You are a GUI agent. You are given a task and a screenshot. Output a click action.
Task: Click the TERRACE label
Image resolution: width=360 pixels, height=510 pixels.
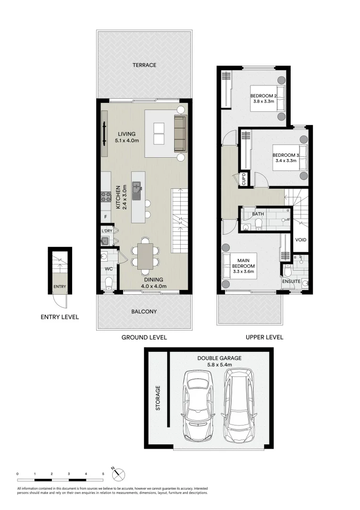(144, 65)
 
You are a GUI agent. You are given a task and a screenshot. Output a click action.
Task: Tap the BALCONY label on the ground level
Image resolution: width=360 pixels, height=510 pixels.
(144, 312)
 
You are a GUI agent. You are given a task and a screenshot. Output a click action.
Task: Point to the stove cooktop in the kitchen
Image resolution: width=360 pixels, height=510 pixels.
(105, 197)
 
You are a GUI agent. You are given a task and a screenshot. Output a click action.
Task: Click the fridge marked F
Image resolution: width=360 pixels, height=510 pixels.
(106, 217)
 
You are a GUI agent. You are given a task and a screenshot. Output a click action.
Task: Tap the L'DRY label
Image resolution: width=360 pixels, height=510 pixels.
(107, 231)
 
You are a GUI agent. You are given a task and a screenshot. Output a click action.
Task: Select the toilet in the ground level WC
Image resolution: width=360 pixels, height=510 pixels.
(109, 283)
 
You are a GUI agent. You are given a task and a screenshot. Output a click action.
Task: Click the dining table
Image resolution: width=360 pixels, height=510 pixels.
(145, 256)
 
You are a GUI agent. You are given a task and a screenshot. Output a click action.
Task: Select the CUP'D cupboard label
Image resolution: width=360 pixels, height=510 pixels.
(244, 178)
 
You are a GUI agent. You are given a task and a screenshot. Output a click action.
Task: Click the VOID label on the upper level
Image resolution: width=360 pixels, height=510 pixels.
(301, 240)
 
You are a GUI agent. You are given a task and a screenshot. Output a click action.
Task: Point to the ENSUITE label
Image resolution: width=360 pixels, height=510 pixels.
(291, 281)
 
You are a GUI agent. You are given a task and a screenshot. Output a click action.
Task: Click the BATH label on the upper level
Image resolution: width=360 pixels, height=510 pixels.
(258, 214)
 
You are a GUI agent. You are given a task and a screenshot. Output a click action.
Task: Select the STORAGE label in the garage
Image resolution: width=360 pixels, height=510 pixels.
(158, 398)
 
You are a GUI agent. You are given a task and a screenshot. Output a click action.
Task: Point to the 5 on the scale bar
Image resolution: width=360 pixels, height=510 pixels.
(103, 473)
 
